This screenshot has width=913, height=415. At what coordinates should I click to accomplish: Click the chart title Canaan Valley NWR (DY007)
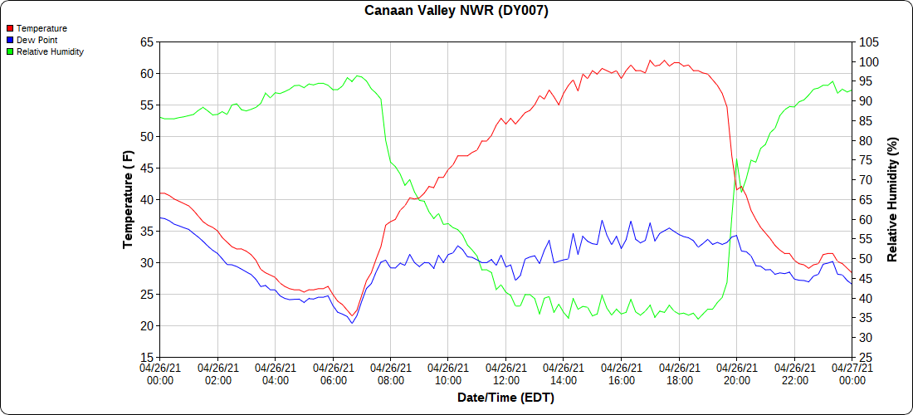coord(456,11)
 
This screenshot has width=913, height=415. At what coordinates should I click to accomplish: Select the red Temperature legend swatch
coord(10,28)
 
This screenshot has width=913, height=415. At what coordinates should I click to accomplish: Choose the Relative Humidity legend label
coord(50,51)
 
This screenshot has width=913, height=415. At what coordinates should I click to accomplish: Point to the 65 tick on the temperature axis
coord(147,41)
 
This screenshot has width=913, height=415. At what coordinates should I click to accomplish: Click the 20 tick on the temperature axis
coord(147,325)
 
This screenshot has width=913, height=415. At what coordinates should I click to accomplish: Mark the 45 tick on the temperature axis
coord(147,168)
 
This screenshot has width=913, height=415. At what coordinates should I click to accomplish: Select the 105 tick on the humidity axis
coord(869,41)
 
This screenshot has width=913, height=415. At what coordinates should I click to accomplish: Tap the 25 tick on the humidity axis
coord(866,357)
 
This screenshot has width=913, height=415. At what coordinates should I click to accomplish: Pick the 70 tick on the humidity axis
coord(866,179)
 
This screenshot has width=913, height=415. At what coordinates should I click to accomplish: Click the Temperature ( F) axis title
coord(128,199)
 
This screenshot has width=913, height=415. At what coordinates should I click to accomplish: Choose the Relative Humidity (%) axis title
coord(893,199)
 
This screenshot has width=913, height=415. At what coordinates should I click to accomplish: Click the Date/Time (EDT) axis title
coord(505,398)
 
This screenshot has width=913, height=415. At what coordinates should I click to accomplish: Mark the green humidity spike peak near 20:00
coord(736,159)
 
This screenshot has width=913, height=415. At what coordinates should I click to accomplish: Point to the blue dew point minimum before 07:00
coord(352,323)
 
